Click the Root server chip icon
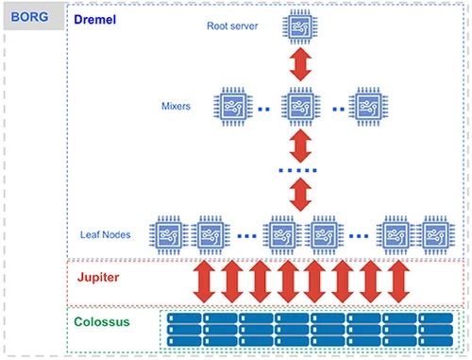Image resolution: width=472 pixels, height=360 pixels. click(300, 28)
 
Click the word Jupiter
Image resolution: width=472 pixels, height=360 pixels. click(102, 281)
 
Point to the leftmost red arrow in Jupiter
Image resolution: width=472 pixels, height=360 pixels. click(203, 281)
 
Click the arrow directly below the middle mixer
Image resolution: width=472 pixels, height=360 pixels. click(300, 145)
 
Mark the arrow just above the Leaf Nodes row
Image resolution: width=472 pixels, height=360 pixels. click(300, 194)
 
